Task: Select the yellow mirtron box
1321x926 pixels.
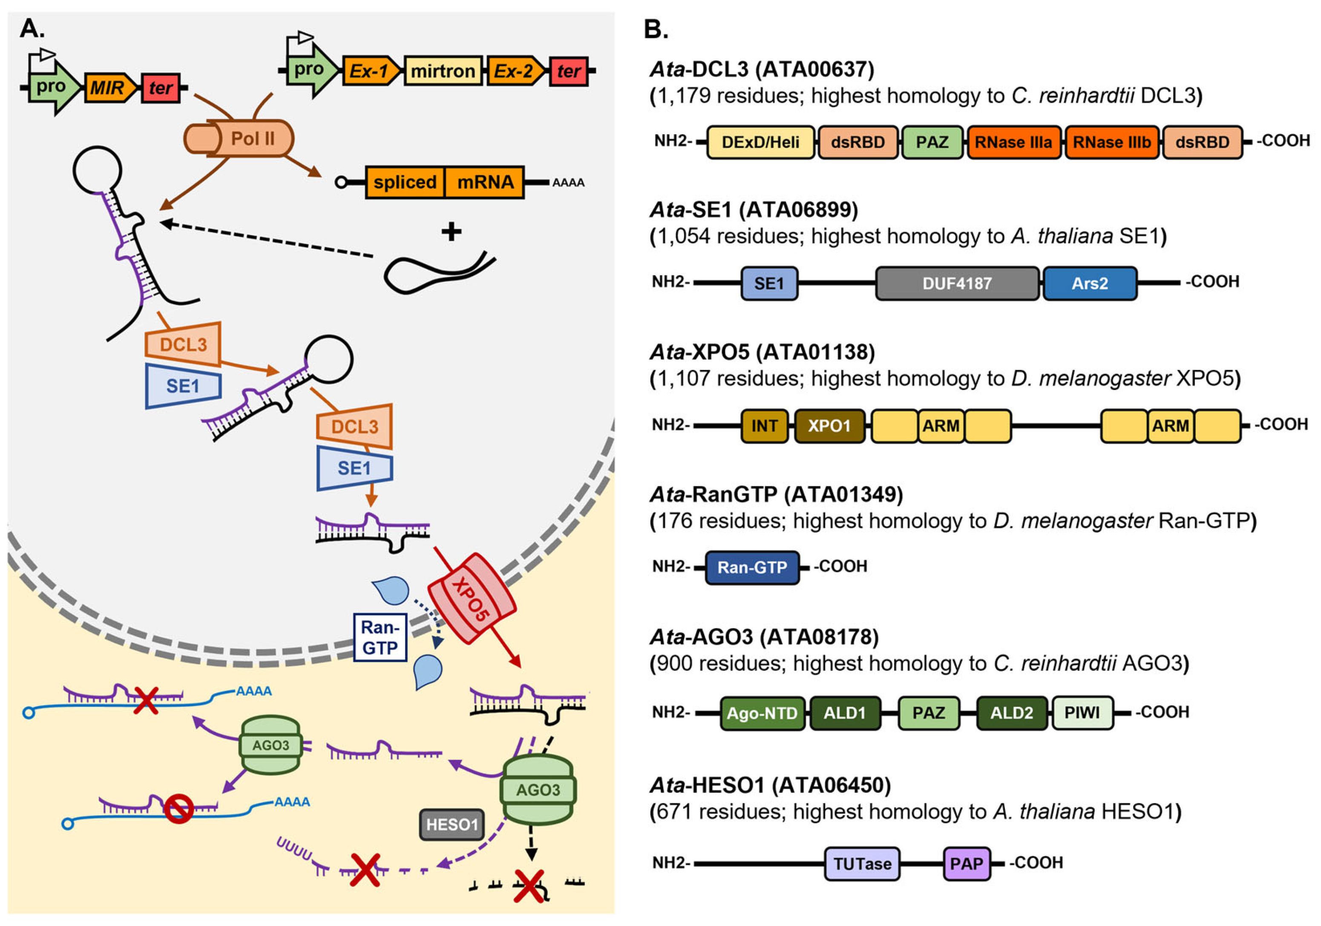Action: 443,71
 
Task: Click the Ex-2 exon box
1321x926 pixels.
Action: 514,71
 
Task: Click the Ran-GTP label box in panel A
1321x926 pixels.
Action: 380,637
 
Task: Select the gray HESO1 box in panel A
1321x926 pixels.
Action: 452,824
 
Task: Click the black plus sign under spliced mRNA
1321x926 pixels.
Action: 451,231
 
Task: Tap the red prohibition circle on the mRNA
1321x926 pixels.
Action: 178,808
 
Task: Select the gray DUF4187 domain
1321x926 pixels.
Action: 957,283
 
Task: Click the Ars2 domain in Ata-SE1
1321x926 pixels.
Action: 1089,283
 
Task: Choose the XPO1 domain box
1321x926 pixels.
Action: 829,426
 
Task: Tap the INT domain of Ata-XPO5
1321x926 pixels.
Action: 764,426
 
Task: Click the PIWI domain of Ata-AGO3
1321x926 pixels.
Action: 1082,713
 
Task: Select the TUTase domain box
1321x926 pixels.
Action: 862,863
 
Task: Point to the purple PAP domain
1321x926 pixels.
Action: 966,863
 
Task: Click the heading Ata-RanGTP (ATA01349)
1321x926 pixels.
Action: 776,494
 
